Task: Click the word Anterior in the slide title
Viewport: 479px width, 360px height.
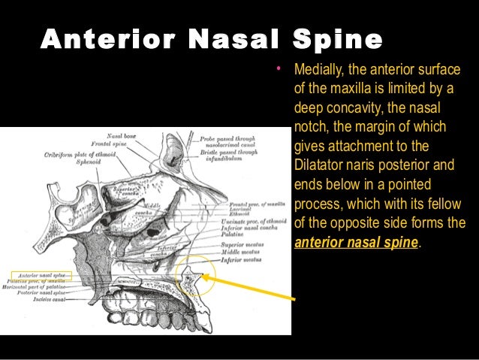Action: click(x=106, y=38)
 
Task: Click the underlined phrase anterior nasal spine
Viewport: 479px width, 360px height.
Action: click(x=357, y=243)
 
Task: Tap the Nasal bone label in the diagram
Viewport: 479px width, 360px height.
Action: click(x=122, y=135)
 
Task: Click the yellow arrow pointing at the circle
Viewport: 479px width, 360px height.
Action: click(x=248, y=289)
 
